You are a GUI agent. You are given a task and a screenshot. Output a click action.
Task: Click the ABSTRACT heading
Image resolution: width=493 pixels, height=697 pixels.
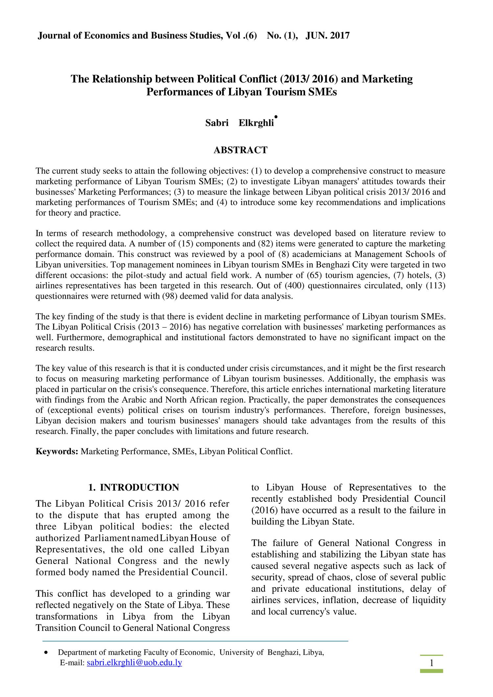(241, 150)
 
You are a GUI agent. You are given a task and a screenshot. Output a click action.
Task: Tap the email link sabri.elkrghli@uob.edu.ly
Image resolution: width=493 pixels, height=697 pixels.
(134, 662)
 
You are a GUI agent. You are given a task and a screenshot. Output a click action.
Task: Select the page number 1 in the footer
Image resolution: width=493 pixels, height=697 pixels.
(432, 663)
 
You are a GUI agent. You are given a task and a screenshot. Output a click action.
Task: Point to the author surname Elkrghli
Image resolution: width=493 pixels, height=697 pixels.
(256, 123)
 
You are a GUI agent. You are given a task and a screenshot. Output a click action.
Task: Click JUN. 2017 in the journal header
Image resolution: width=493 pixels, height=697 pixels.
(328, 35)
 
